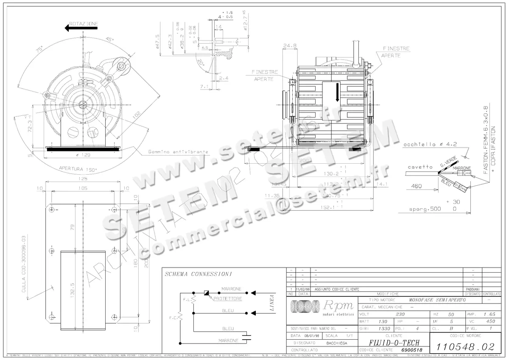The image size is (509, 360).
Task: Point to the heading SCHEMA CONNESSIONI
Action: coord(198,274)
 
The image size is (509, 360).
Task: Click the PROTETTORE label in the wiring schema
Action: coord(228,299)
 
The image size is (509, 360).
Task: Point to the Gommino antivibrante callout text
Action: coord(178,152)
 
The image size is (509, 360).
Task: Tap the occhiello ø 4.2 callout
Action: coord(430,145)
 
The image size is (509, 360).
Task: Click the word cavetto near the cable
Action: coord(421,167)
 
